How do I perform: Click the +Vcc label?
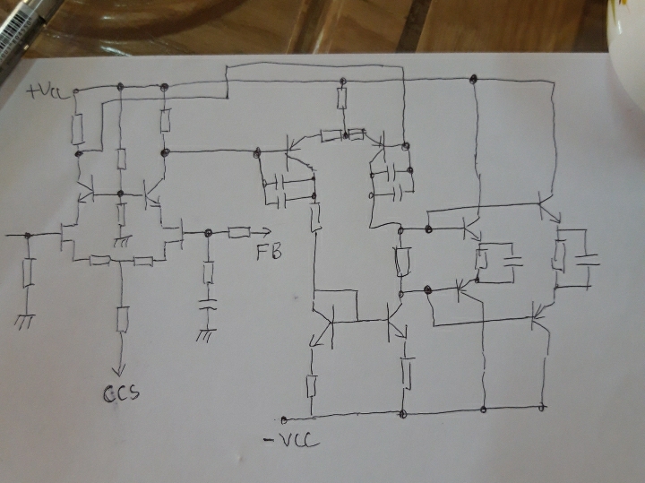[x=46, y=91]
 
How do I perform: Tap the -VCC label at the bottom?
[x=291, y=441]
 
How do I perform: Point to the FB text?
[x=270, y=252]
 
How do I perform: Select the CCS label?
[x=121, y=393]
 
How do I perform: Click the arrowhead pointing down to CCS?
[x=119, y=371]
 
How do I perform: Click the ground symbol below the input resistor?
[x=25, y=322]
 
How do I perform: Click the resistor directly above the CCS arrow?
[x=122, y=319]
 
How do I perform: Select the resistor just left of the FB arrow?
[x=239, y=233]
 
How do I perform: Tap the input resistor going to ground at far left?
[x=28, y=272]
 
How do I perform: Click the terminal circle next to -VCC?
[x=284, y=419]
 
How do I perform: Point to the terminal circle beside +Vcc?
[x=75, y=91]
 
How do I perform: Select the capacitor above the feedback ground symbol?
[x=208, y=305]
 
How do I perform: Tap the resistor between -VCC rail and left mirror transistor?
[x=312, y=386]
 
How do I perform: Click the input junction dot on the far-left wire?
[x=28, y=236]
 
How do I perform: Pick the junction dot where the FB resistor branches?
[x=208, y=233]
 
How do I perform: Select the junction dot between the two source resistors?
[x=120, y=261]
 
